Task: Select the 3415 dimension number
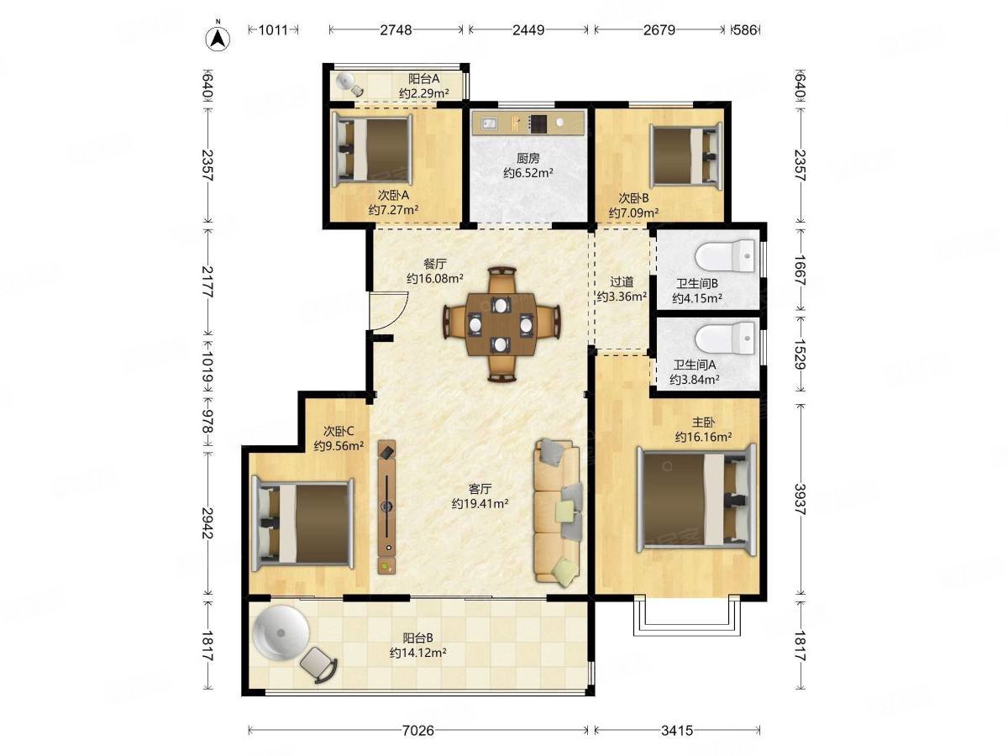[x=676, y=730]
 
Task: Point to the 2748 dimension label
[x=395, y=30]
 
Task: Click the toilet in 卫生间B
[x=724, y=255]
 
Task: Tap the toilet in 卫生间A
[x=724, y=339]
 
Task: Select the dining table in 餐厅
[x=500, y=324]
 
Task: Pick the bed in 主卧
[x=696, y=500]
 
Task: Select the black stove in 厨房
[x=538, y=123]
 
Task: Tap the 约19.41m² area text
[x=479, y=503]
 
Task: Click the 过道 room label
[x=622, y=281]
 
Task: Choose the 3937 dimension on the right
[x=799, y=499]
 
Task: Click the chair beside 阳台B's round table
[x=318, y=664]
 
